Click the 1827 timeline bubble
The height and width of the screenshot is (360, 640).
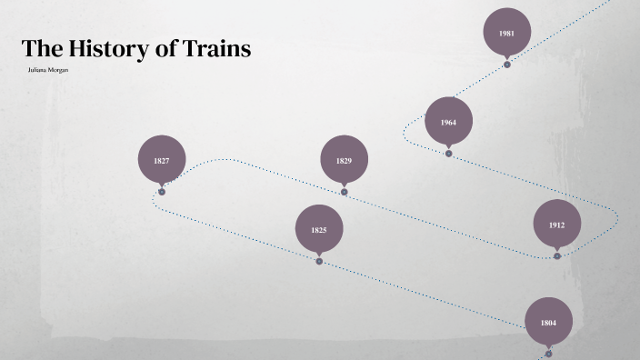pyautogui.click(x=162, y=160)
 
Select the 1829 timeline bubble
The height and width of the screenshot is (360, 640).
pyautogui.click(x=344, y=160)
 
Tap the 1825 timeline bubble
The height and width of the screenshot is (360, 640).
pyautogui.click(x=319, y=230)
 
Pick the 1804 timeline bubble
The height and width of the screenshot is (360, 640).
pyautogui.click(x=548, y=322)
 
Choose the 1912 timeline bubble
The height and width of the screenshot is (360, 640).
pyautogui.click(x=556, y=225)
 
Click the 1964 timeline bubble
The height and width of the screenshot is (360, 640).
pyautogui.click(x=448, y=122)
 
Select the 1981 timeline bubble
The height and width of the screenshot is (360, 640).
pyautogui.click(x=506, y=33)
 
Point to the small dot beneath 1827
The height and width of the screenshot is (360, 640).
pyautogui.click(x=162, y=192)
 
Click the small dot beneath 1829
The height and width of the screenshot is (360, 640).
pyautogui.click(x=344, y=192)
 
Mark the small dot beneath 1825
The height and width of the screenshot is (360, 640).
pyautogui.click(x=319, y=261)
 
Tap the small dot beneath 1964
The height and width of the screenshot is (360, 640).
pyautogui.click(x=448, y=154)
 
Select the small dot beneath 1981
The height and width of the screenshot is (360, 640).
pyautogui.click(x=507, y=65)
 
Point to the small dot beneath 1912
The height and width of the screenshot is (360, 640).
pyautogui.click(x=557, y=256)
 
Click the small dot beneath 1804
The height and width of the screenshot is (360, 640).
pyautogui.click(x=548, y=354)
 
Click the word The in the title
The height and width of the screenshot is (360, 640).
pyautogui.click(x=39, y=49)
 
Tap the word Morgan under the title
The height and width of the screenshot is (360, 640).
pyautogui.click(x=58, y=70)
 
